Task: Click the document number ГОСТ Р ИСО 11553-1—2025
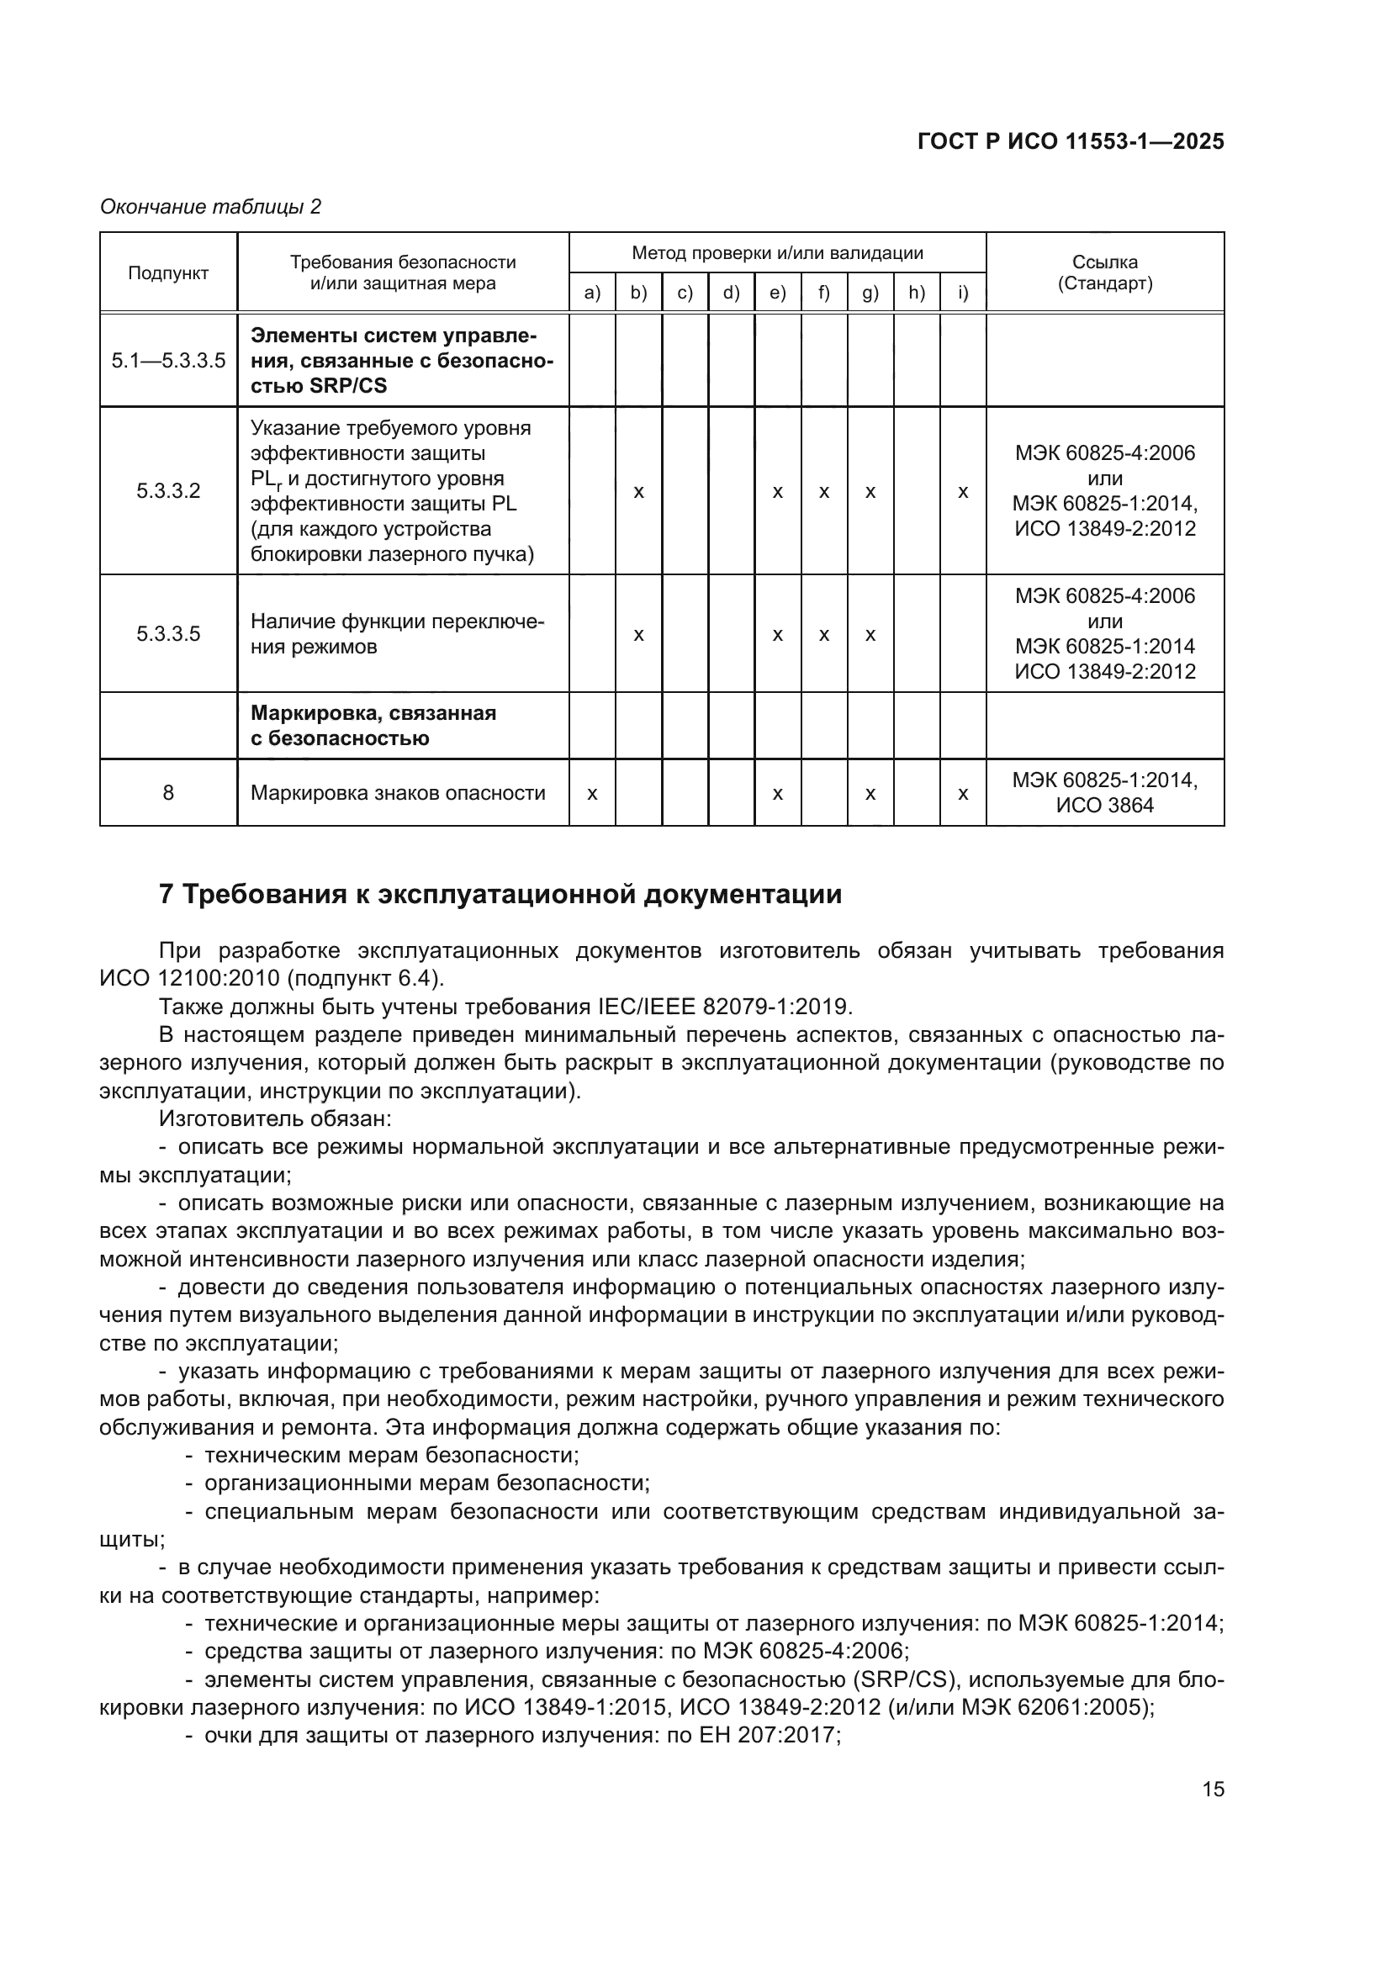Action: (1070, 141)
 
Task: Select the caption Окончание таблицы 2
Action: (211, 207)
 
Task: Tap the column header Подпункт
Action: (168, 273)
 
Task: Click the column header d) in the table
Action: (731, 293)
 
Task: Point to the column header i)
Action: (963, 293)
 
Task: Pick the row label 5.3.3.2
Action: (168, 491)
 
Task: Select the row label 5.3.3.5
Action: (168, 634)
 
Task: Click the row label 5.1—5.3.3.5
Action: (168, 361)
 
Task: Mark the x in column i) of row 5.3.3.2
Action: (963, 493)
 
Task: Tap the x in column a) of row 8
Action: (592, 794)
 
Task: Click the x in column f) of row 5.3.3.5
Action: (824, 636)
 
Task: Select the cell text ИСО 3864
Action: (1105, 806)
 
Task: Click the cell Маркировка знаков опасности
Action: (398, 793)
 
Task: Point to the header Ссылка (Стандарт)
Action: (1105, 272)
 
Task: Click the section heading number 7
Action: (168, 895)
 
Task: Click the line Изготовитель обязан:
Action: (275, 1118)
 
